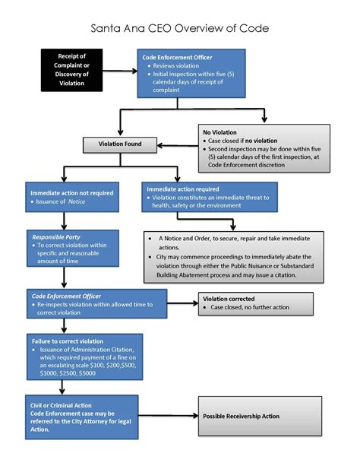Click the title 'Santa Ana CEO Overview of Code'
pos(179,29)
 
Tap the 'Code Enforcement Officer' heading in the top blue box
pos(178,57)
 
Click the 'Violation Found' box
pos(120,143)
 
